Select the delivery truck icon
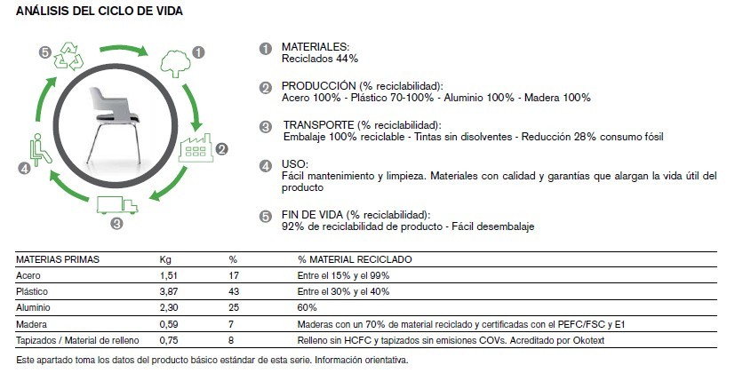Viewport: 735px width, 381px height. coord(117,205)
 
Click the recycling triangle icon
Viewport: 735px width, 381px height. coord(68,60)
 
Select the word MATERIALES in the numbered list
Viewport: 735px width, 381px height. coord(315,46)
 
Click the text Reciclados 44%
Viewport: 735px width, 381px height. coord(320,59)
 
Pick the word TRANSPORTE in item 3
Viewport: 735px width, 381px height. coord(318,125)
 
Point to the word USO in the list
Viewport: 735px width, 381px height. coord(294,164)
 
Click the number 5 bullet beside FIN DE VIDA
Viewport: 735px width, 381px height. coord(265,216)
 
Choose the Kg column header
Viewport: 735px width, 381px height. coord(164,259)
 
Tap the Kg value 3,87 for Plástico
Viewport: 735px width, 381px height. coord(169,291)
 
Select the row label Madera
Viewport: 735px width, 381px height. coord(32,323)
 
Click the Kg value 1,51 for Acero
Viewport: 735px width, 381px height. coord(169,275)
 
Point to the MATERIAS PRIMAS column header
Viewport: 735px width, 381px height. coord(58,259)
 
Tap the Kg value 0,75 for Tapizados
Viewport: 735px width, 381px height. coord(169,339)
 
